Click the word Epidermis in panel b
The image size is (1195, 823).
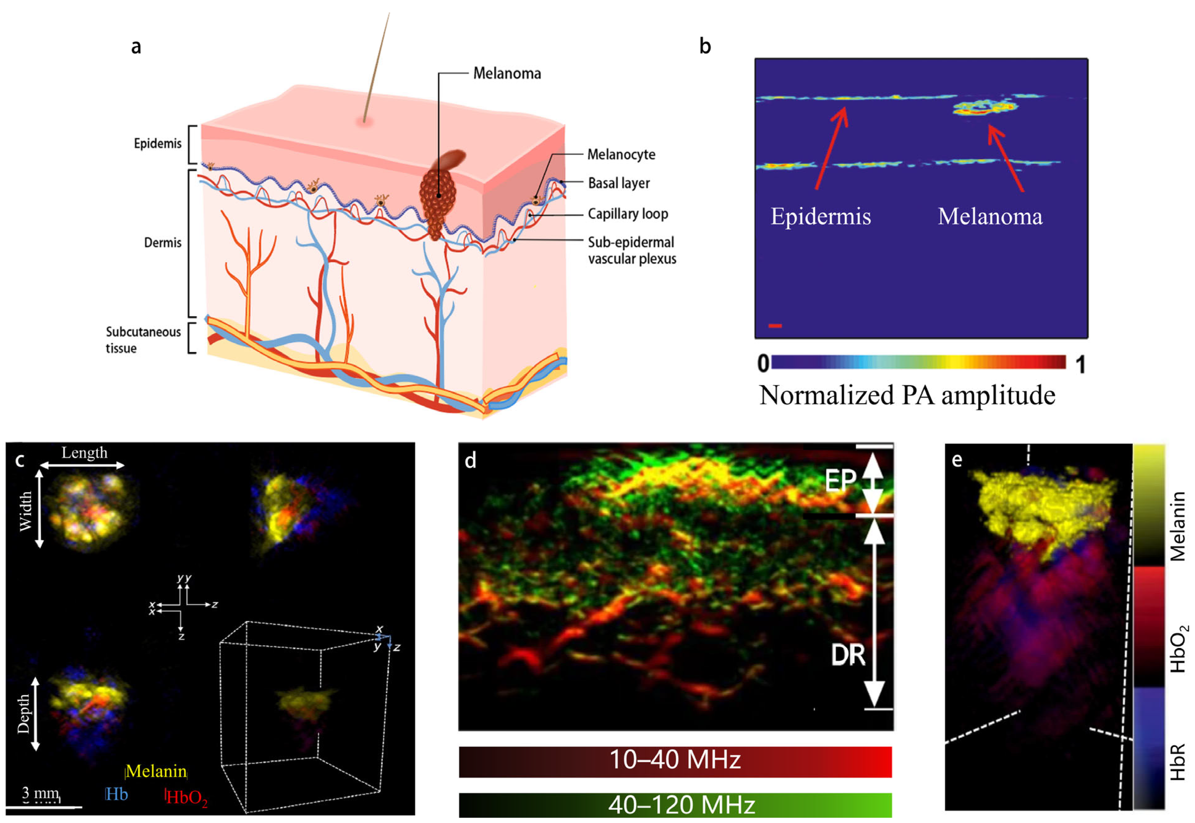(820, 217)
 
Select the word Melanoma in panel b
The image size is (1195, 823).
(989, 217)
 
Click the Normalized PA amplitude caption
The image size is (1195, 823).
(907, 395)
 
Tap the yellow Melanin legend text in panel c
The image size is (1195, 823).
(156, 771)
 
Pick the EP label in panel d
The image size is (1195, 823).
(840, 481)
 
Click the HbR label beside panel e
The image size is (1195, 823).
(1177, 762)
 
